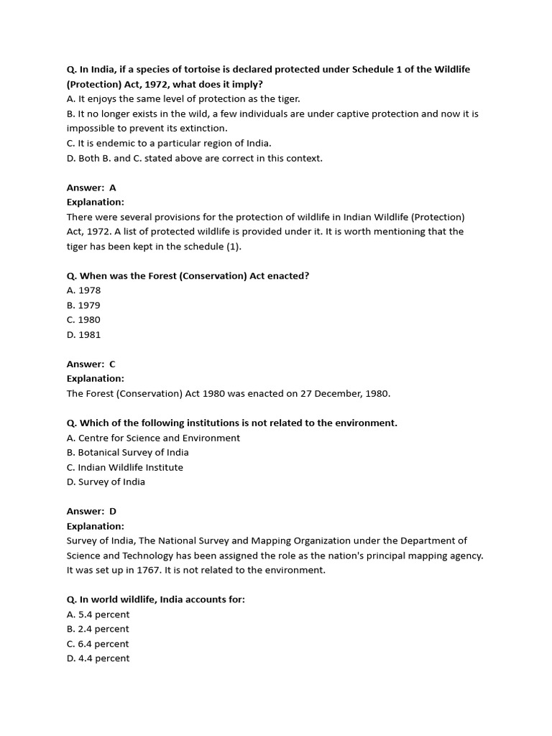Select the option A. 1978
pyautogui.click(x=83, y=290)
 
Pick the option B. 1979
pyautogui.click(x=83, y=305)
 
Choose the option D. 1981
pyautogui.click(x=83, y=335)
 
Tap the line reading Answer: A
pyautogui.click(x=91, y=188)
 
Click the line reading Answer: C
pyautogui.click(x=91, y=364)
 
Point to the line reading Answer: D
pyautogui.click(x=91, y=511)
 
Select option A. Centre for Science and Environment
pyautogui.click(x=153, y=438)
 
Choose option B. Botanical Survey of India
pyautogui.click(x=127, y=453)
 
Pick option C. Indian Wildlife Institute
pyautogui.click(x=124, y=467)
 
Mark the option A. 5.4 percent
pyautogui.click(x=98, y=615)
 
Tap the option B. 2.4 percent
pyautogui.click(x=98, y=629)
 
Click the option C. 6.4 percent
pyautogui.click(x=98, y=644)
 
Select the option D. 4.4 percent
pyautogui.click(x=98, y=658)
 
